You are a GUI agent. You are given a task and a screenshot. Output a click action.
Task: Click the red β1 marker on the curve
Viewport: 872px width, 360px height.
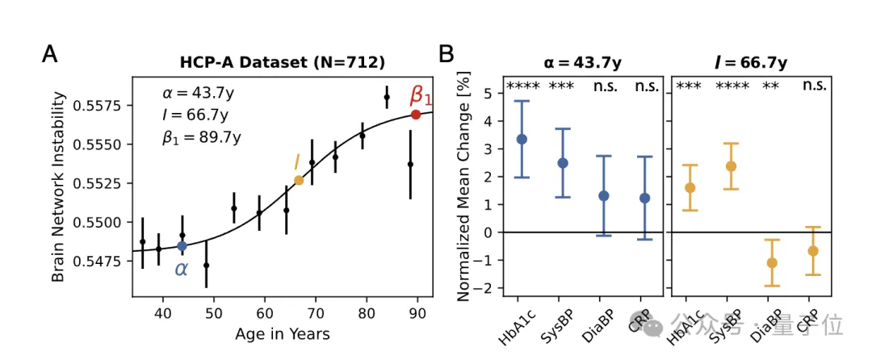point(416,115)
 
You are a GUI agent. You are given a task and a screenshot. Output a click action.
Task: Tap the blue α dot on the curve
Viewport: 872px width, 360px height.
point(182,245)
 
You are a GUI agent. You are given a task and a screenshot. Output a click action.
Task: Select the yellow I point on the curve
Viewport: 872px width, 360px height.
point(299,180)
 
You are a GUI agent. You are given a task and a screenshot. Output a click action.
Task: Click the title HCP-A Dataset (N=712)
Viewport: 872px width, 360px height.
point(282,61)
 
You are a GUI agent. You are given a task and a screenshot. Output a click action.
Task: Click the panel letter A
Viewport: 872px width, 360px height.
point(50,55)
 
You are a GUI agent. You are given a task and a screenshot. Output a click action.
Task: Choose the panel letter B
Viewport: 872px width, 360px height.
point(446,55)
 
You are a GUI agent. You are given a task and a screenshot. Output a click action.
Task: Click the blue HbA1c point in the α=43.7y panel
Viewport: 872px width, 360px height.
point(522,139)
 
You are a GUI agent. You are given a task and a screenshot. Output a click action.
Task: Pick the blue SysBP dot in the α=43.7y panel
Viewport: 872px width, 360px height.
point(563,163)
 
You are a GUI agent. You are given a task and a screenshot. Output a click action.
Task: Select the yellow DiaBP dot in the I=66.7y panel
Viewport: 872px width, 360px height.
point(772,262)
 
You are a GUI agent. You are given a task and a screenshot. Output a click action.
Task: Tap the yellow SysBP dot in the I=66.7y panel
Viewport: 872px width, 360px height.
point(731,166)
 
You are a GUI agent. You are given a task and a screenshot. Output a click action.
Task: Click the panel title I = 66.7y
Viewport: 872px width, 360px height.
point(751,61)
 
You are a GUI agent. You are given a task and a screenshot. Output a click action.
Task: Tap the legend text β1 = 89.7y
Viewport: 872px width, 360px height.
point(201,138)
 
